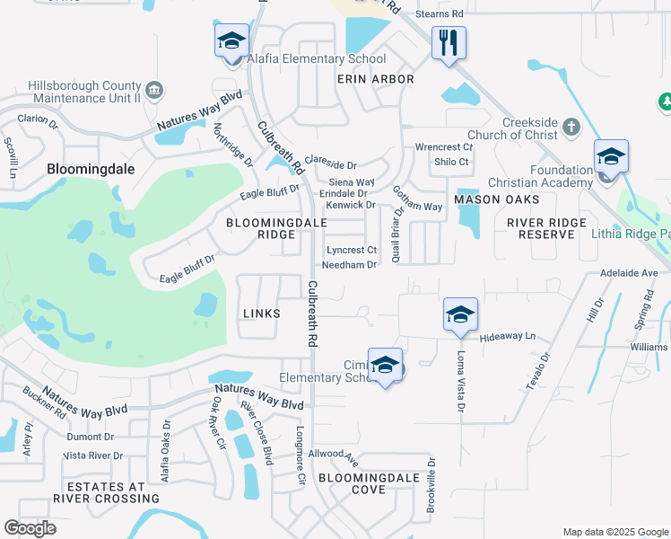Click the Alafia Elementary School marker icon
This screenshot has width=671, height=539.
coord(231,41)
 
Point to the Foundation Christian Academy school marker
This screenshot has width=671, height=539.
coord(611,158)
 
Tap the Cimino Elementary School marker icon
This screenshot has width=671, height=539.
coord(385,366)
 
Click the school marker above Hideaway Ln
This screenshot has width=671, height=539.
coord(460,315)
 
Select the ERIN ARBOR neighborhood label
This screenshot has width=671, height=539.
coord(375,79)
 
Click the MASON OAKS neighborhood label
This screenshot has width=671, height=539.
coord(496,199)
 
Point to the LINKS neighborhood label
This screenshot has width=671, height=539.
coord(261,314)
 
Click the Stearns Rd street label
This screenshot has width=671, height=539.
coord(445,14)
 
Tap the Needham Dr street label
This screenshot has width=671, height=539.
coord(349,265)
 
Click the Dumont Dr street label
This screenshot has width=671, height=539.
coord(89,437)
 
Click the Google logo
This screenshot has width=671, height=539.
coord(30,528)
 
